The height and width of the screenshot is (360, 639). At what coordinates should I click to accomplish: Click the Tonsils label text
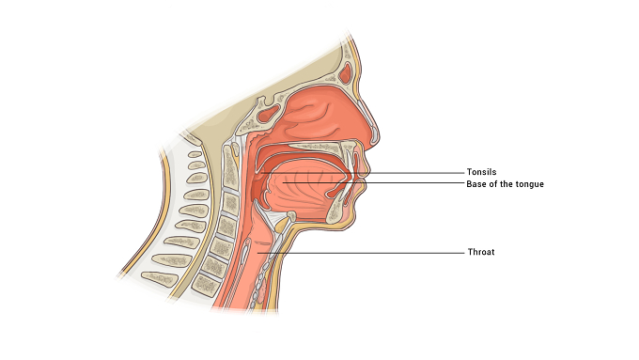(x=481, y=172)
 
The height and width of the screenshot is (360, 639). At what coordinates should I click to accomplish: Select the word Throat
(x=481, y=252)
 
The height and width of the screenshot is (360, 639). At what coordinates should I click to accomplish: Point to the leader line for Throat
(x=361, y=253)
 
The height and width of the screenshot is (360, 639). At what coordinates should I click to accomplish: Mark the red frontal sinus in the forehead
(x=346, y=73)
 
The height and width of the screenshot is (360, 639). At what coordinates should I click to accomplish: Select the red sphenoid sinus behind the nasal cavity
(x=269, y=114)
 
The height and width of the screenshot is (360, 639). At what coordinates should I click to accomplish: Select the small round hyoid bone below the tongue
(x=291, y=215)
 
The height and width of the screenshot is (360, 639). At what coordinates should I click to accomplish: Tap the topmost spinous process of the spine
(x=195, y=154)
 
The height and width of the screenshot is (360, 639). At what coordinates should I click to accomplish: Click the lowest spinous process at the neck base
(x=160, y=278)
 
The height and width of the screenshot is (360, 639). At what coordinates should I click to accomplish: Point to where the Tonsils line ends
(x=261, y=173)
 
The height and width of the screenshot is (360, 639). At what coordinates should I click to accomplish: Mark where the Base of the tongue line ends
(x=283, y=182)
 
